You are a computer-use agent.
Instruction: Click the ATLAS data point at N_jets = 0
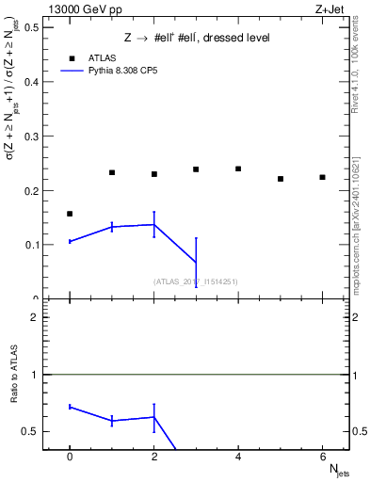pyautogui.click(x=70, y=214)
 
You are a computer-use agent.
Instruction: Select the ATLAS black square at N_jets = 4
pyautogui.click(x=238, y=169)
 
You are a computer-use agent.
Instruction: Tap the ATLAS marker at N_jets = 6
pyautogui.click(x=322, y=177)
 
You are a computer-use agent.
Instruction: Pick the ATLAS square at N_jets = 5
pyautogui.click(x=281, y=179)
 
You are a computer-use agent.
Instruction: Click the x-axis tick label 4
pyautogui.click(x=238, y=457)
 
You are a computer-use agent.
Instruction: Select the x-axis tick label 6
pyautogui.click(x=322, y=457)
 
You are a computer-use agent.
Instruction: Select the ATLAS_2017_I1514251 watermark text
pyautogui.click(x=195, y=281)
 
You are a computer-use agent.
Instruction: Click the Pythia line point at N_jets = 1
pyautogui.click(x=112, y=227)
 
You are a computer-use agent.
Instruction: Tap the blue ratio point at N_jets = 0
pyautogui.click(x=70, y=407)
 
